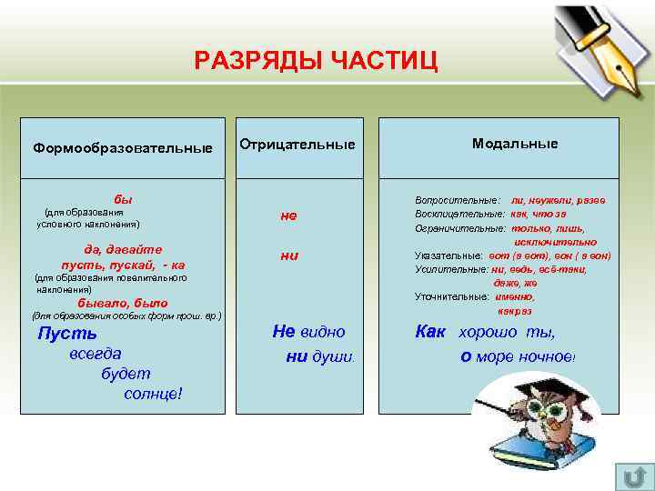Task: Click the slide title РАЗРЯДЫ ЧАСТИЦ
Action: (x=316, y=61)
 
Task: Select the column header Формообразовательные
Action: (x=123, y=147)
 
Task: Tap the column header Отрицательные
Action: (x=297, y=145)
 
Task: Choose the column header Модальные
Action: (x=515, y=144)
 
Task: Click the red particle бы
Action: (x=122, y=198)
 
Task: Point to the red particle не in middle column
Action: (x=289, y=215)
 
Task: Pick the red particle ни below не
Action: (x=289, y=256)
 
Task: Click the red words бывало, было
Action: (x=123, y=303)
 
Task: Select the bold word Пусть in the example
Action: (x=67, y=333)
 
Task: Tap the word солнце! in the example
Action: (x=153, y=393)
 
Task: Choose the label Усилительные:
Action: (x=451, y=270)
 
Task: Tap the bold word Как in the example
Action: (x=430, y=332)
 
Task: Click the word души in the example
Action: (x=329, y=357)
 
